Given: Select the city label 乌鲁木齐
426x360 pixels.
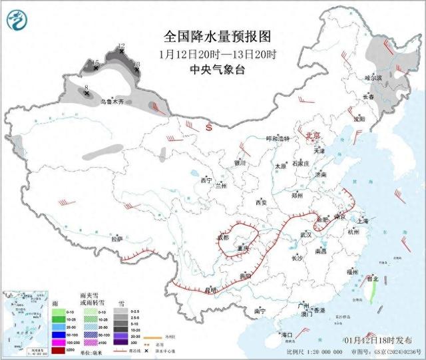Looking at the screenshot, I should click(112, 102).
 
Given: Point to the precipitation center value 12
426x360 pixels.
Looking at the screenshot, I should click(120, 46).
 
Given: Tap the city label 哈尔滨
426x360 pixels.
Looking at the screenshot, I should click(373, 78).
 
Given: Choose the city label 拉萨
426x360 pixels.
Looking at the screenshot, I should click(117, 238).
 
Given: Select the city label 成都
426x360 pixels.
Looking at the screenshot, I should click(222, 237).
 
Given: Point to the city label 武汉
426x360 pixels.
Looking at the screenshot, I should click(306, 234).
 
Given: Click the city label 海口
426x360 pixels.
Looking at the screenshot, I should click(287, 334).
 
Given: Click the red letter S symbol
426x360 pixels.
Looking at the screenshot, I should click(208, 126).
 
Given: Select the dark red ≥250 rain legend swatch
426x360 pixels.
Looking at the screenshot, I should click(41, 349).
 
